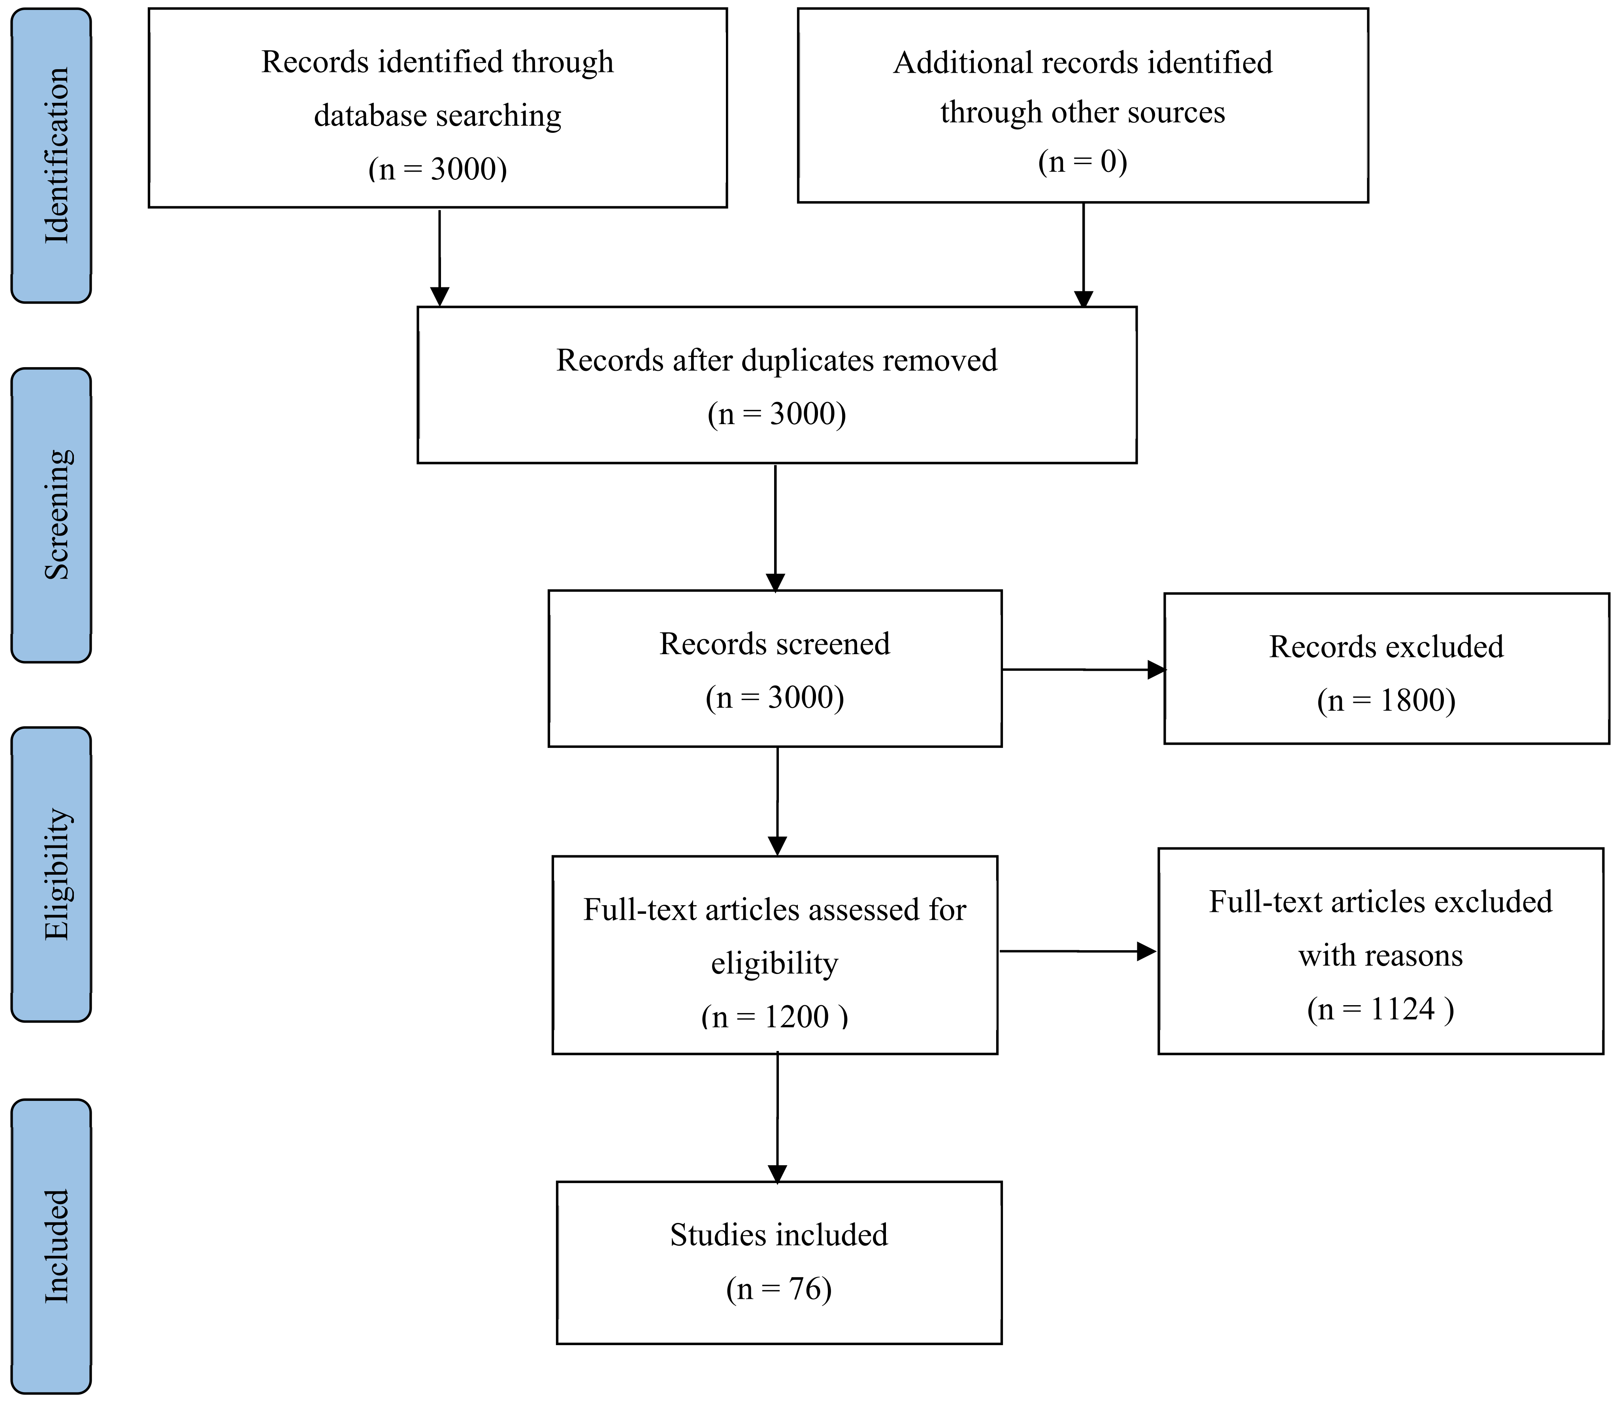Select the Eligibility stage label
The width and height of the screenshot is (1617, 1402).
pos(57,874)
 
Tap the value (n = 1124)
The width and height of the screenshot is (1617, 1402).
pos(1380,1008)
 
